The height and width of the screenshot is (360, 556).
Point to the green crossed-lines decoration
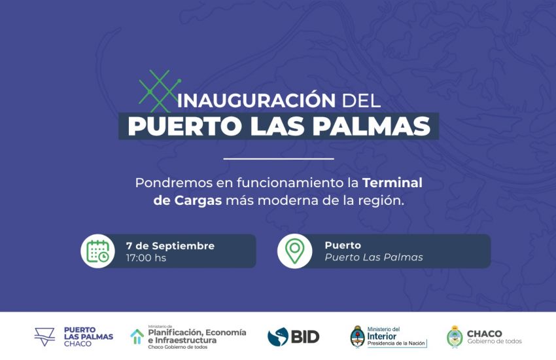(154, 90)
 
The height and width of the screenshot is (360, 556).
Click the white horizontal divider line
(278, 158)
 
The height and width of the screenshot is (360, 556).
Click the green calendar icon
(98, 251)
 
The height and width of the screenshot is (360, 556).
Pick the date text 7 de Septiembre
(170, 245)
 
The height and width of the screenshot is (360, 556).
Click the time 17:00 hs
(146, 258)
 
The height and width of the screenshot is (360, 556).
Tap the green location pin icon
(294, 251)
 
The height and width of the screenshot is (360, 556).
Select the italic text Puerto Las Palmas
(374, 257)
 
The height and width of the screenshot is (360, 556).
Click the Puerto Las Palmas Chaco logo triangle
(44, 336)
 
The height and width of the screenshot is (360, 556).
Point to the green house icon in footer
(137, 336)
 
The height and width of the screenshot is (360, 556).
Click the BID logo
(293, 336)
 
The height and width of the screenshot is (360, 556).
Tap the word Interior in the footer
(381, 336)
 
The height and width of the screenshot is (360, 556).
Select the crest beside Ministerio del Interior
(357, 336)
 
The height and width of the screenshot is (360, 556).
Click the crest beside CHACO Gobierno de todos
(455, 336)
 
